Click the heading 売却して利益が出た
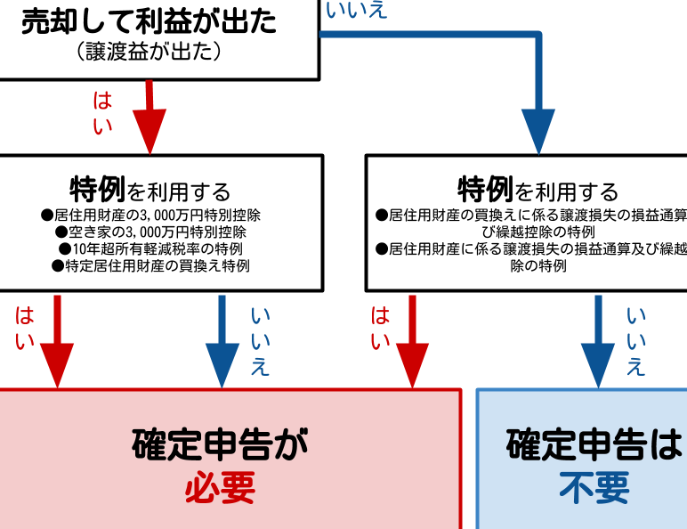click(149, 22)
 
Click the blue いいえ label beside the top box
click(357, 11)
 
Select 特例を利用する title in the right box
click(537, 190)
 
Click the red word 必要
click(220, 487)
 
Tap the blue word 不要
click(594, 487)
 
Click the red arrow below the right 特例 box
click(412, 343)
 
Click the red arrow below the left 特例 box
click(58, 343)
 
